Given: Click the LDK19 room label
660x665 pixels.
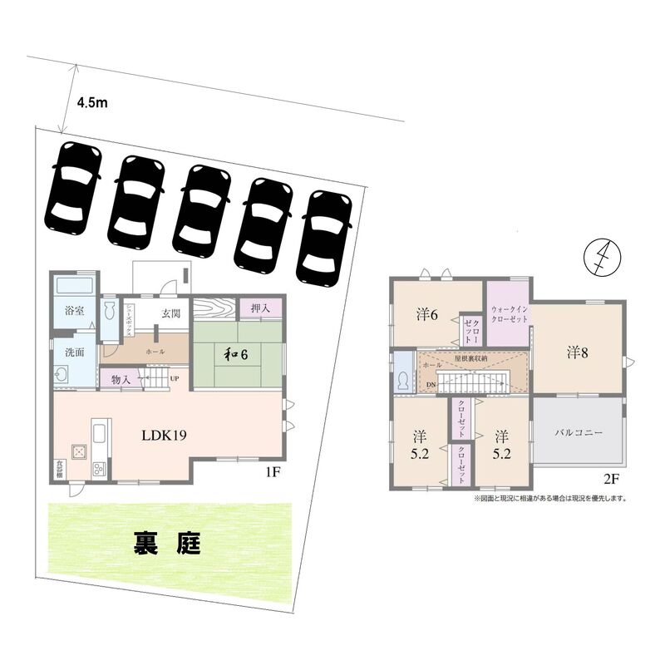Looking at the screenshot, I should [x=162, y=434].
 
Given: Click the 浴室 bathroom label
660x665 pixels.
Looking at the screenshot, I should [x=74, y=312].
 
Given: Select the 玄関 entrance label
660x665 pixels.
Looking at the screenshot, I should [x=170, y=313].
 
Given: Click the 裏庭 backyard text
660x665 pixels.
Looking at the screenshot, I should [x=166, y=545].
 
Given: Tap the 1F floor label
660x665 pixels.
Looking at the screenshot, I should [x=271, y=473].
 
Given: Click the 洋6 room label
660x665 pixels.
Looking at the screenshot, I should [x=428, y=315].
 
